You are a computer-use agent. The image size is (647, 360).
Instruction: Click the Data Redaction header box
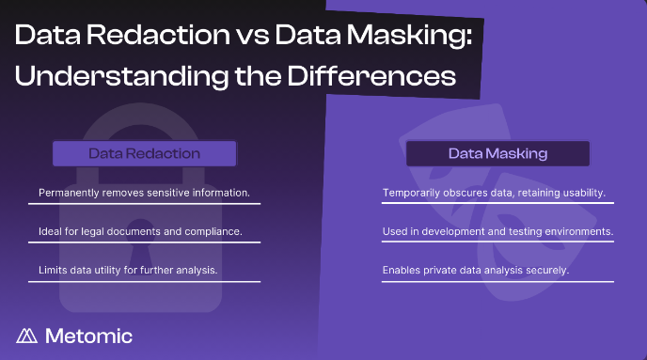tap(144, 153)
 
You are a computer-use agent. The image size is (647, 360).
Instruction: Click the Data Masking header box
tap(497, 153)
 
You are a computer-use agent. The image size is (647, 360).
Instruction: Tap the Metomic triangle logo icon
tap(27, 336)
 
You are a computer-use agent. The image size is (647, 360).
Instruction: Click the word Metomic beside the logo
tap(89, 336)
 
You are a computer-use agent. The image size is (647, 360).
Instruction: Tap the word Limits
tap(53, 270)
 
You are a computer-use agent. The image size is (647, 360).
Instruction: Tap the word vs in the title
tap(251, 38)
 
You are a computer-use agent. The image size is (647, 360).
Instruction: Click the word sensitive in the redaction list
tap(167, 193)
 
